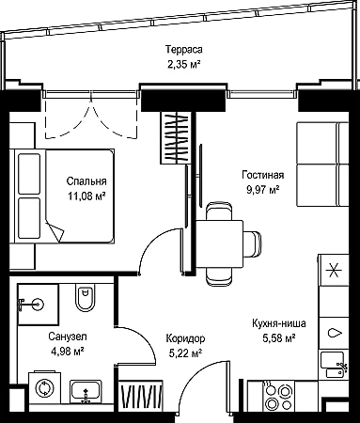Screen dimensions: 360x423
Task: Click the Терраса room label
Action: click(x=184, y=50)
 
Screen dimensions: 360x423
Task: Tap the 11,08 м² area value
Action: click(x=86, y=196)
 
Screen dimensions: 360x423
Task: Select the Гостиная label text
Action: click(x=263, y=175)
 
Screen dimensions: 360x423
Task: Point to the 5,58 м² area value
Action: click(x=279, y=338)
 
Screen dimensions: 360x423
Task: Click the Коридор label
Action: click(x=185, y=338)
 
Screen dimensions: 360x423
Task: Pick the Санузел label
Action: click(x=68, y=337)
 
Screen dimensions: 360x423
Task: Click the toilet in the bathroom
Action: click(x=85, y=298)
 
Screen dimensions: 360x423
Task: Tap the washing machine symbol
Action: click(x=44, y=388)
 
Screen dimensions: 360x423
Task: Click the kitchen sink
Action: click(x=333, y=364)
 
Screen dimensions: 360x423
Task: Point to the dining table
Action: click(x=219, y=244)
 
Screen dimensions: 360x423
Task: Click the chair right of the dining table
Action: click(x=252, y=243)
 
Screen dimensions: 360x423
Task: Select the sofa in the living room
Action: click(x=322, y=164)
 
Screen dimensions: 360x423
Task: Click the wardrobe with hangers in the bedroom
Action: click(x=176, y=137)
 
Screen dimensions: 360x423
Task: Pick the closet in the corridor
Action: click(x=141, y=396)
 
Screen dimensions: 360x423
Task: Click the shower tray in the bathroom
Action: click(x=38, y=305)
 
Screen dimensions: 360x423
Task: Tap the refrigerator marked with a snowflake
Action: click(x=334, y=270)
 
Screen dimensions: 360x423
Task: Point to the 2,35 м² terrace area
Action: click(x=184, y=65)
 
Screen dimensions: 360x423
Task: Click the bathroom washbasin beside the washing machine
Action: click(x=86, y=391)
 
